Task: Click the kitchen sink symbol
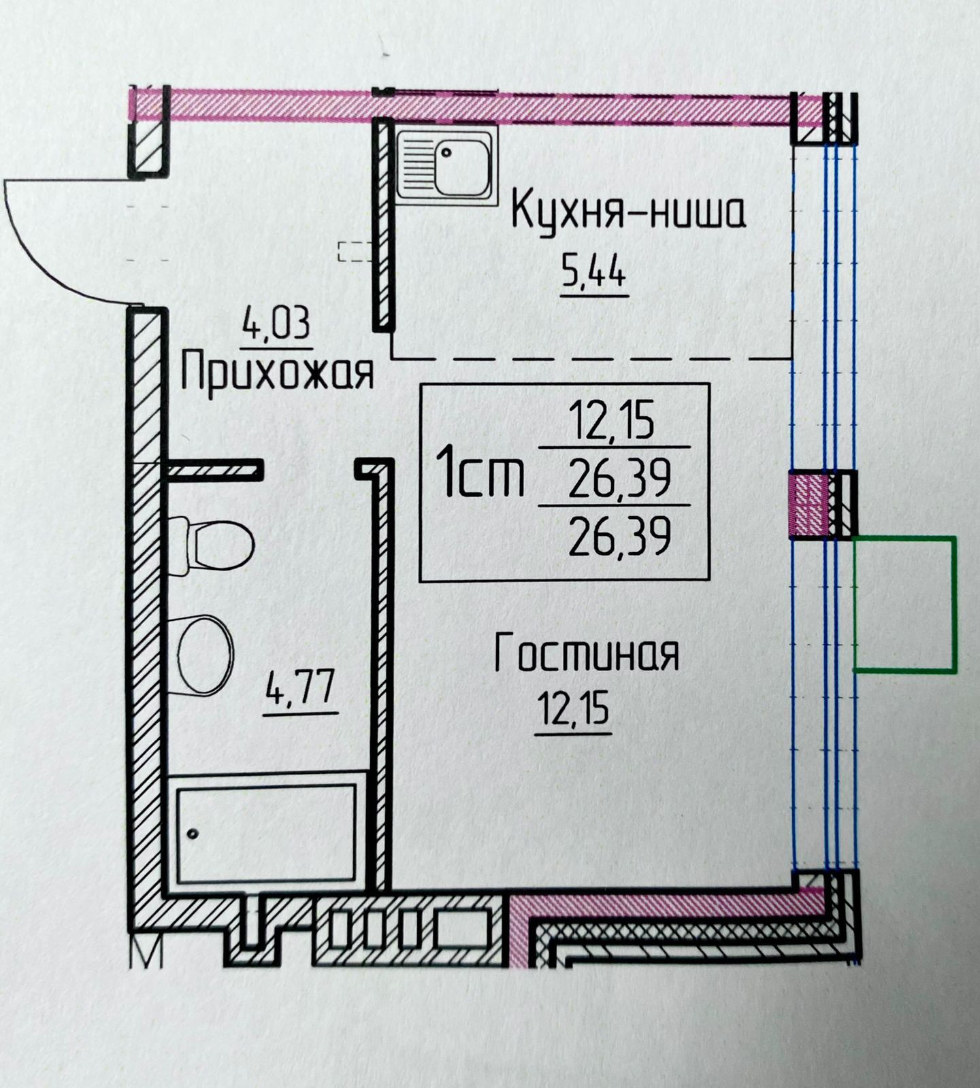tap(446, 164)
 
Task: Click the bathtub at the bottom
tap(267, 834)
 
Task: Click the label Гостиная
tap(587, 653)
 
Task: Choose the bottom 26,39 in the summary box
tap(619, 537)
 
